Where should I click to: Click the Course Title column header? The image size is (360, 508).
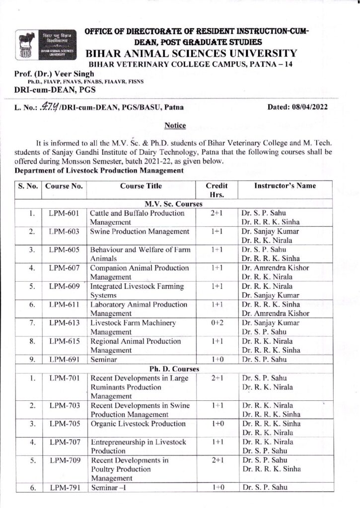point(140,186)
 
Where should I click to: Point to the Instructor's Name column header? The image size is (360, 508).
point(285,186)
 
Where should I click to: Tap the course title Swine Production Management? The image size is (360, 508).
point(140,232)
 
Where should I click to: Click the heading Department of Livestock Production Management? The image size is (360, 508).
point(92,171)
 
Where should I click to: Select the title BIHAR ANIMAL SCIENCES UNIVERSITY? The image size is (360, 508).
point(192,54)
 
